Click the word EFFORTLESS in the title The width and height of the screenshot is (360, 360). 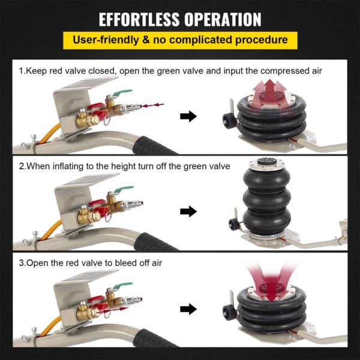139,19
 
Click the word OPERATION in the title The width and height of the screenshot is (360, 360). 223,19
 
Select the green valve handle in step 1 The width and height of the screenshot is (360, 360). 123,92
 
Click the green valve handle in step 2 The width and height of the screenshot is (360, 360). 124,189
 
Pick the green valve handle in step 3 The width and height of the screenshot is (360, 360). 123,285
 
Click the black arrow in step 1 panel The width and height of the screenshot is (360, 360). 188,116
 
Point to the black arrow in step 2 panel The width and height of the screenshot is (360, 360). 188,211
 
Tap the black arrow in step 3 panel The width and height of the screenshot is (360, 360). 188,309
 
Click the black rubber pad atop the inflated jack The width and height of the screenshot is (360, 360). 267,161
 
